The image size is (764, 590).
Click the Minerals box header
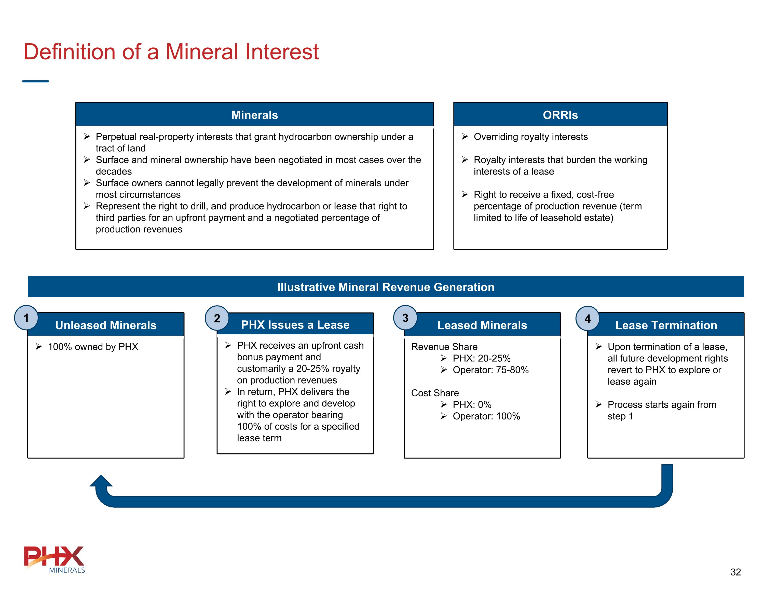(254, 115)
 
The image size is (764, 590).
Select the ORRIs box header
(560, 115)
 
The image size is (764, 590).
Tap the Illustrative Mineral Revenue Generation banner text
(386, 287)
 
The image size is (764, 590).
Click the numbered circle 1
(26, 318)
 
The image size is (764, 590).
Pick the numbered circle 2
(217, 318)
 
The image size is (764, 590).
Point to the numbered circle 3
(405, 318)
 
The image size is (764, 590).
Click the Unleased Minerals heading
(106, 325)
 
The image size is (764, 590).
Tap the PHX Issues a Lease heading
(295, 325)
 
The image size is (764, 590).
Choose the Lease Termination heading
(666, 325)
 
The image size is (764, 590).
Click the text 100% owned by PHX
(93, 347)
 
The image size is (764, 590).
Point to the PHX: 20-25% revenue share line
(481, 358)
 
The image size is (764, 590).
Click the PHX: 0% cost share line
(472, 404)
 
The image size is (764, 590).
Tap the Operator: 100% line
(486, 416)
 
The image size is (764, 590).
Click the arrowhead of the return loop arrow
(101, 481)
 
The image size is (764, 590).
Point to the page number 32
(735, 572)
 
